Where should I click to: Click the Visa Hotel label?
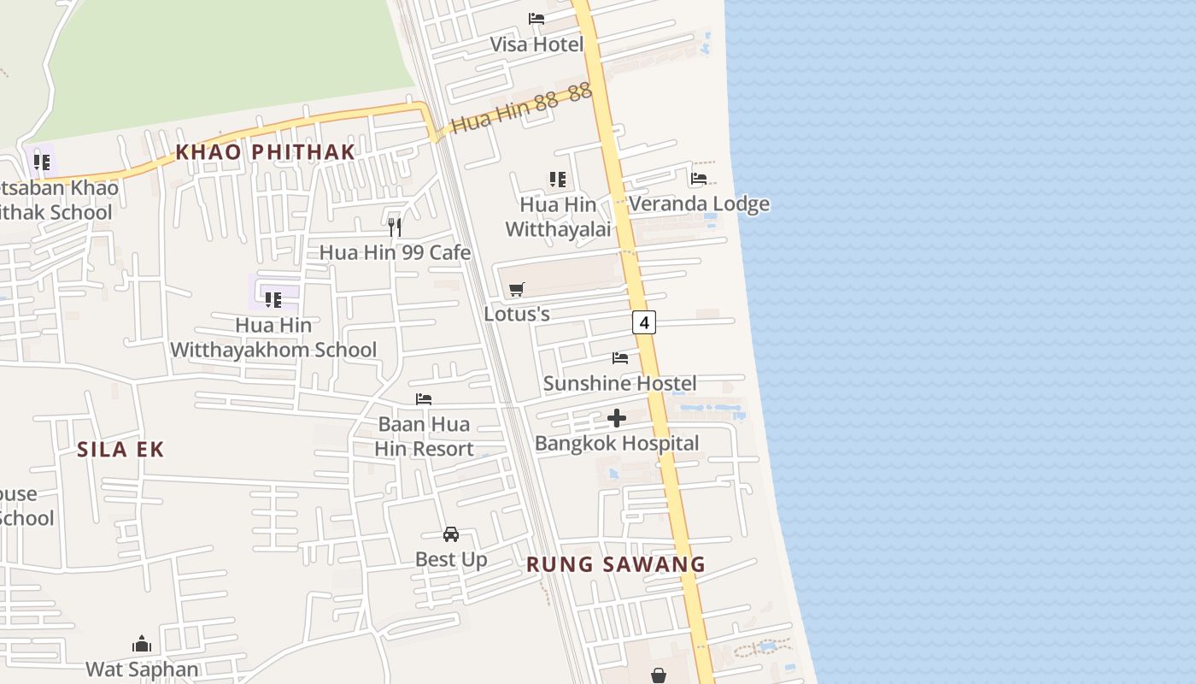click(x=536, y=44)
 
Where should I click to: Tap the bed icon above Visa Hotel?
click(x=536, y=18)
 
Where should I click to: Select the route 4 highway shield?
click(x=644, y=322)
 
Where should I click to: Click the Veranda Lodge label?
click(x=699, y=203)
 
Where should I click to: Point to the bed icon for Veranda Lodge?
click(x=699, y=179)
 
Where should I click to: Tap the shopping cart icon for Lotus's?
click(x=516, y=290)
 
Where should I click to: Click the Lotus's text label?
click(x=516, y=314)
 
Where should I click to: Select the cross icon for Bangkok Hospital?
click(x=617, y=418)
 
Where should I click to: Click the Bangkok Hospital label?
click(x=617, y=443)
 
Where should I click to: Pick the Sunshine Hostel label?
click(x=619, y=383)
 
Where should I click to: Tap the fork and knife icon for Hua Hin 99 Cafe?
click(x=395, y=227)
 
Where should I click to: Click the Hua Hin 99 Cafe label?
click(x=395, y=252)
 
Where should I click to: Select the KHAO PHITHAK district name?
click(x=265, y=152)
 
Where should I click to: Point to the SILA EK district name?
click(x=120, y=450)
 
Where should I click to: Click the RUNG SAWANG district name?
click(x=615, y=564)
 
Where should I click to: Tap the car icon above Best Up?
click(x=451, y=534)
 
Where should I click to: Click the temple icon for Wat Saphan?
click(x=142, y=644)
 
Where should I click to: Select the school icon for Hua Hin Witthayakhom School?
click(x=273, y=299)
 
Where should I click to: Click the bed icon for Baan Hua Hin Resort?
click(x=424, y=399)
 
